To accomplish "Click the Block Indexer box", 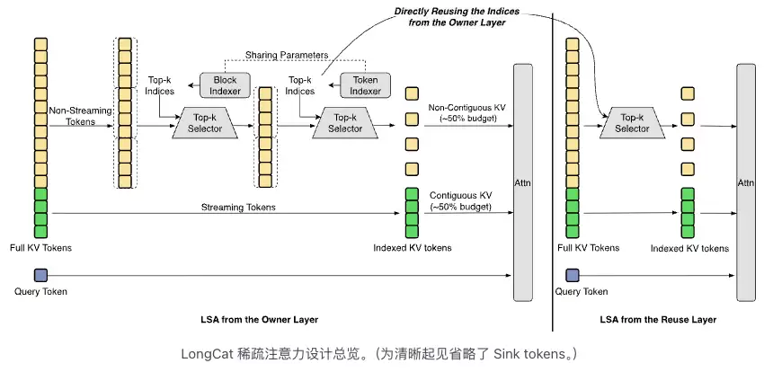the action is pyautogui.click(x=225, y=85).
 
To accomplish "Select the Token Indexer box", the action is pyautogui.click(x=365, y=85).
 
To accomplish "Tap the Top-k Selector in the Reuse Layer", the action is pyautogui.click(x=632, y=123).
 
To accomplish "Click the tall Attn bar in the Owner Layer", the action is pyautogui.click(x=523, y=182).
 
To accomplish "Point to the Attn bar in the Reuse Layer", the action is pyautogui.click(x=746, y=182).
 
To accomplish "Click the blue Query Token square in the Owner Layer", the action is pyautogui.click(x=40, y=276).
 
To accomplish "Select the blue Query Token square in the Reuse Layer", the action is pyautogui.click(x=573, y=276).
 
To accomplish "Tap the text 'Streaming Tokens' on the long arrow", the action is pyautogui.click(x=238, y=208).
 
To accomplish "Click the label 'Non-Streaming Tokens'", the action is pyautogui.click(x=72, y=116).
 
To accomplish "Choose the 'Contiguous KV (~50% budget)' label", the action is pyautogui.click(x=460, y=201).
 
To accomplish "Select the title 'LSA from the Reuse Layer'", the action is pyautogui.click(x=658, y=320).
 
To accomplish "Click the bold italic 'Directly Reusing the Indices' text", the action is pyautogui.click(x=457, y=12).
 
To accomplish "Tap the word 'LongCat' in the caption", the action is pyautogui.click(x=201, y=354).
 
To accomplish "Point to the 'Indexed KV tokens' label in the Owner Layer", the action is pyautogui.click(x=413, y=248).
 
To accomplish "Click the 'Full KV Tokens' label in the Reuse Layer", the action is pyautogui.click(x=588, y=248).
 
